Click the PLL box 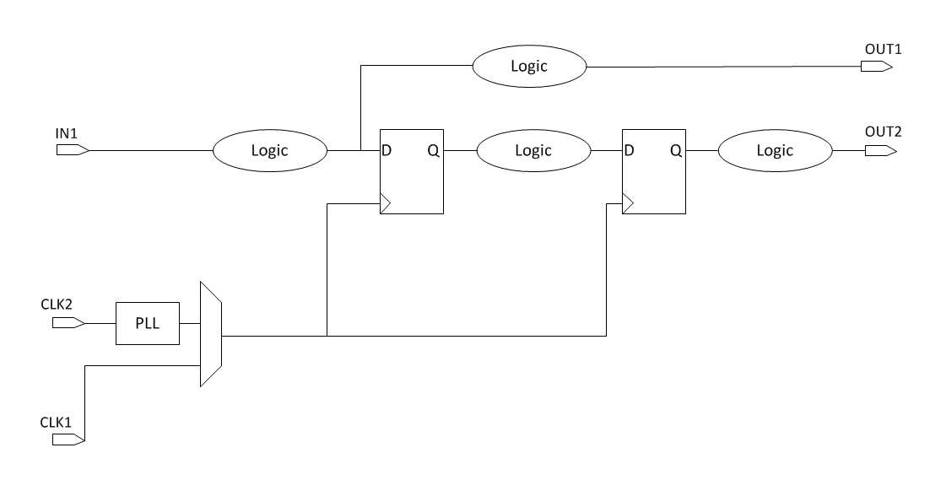(148, 323)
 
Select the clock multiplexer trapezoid (210, 334)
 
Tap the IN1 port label (67, 133)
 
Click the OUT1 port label (883, 50)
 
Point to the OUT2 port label (883, 132)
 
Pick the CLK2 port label (57, 303)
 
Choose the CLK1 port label (57, 420)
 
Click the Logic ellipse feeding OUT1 (528, 67)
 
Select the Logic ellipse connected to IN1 (269, 151)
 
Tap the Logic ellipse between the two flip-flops (533, 151)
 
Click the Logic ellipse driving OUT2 (775, 151)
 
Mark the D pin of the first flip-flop (387, 151)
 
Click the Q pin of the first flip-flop (433, 151)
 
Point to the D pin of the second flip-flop (629, 151)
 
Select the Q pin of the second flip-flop (675, 151)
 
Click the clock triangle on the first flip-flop (386, 203)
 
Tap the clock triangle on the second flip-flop (627, 203)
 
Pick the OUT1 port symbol (876, 67)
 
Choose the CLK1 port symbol (68, 440)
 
